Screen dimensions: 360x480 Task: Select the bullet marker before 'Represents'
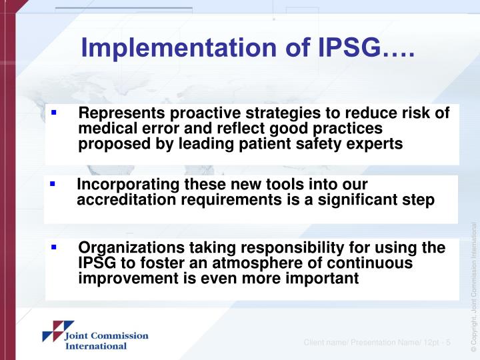pyautogui.click(x=53, y=113)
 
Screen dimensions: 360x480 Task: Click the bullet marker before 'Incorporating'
pyautogui.click(x=52, y=183)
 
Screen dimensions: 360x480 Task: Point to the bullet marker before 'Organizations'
pyautogui.click(x=53, y=246)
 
